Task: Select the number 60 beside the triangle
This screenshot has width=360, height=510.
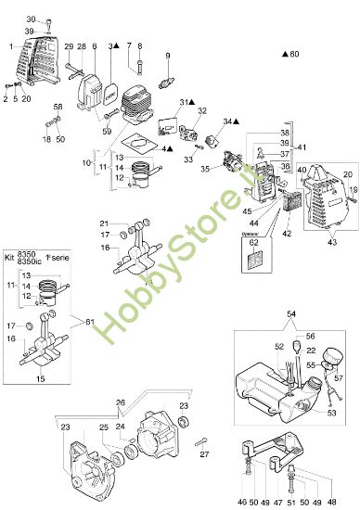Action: click(x=296, y=56)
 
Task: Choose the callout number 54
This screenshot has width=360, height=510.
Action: click(x=291, y=314)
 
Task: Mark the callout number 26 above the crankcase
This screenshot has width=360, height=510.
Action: click(x=145, y=402)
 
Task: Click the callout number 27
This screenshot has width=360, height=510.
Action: click(x=203, y=453)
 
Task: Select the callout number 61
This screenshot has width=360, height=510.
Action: click(x=89, y=320)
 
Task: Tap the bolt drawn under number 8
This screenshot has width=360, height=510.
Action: click(x=140, y=66)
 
